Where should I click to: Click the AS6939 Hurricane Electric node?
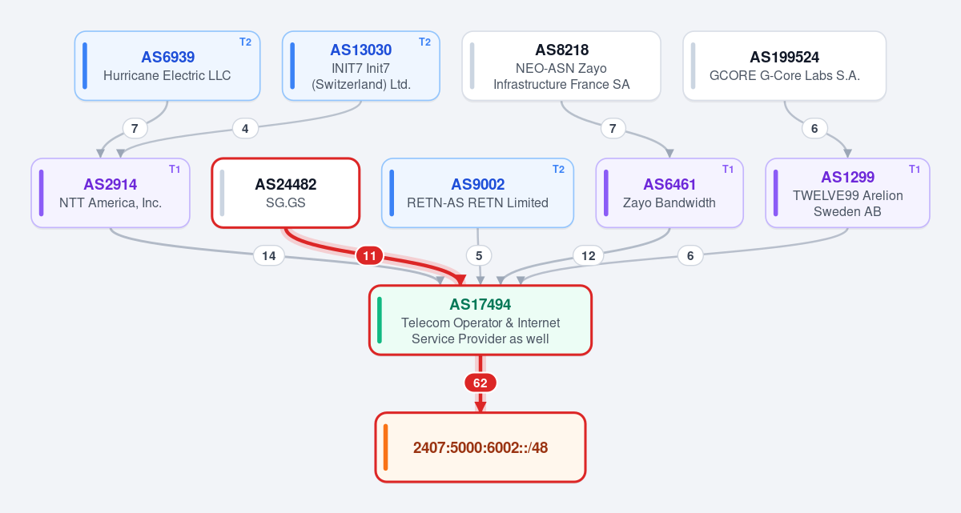[x=167, y=66]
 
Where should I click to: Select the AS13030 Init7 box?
[x=361, y=66]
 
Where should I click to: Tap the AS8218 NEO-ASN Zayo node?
[x=561, y=66]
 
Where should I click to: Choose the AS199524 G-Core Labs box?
[x=784, y=66]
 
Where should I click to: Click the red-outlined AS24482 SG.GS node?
[x=286, y=193]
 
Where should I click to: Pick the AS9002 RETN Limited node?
[x=477, y=193]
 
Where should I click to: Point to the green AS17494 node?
[x=480, y=320]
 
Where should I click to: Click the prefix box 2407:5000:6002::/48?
[x=480, y=447]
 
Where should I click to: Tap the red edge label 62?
[x=480, y=383]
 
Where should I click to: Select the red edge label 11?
[x=369, y=256]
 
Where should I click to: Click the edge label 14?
[x=269, y=256]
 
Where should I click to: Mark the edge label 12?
[x=588, y=256]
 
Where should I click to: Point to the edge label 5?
[x=479, y=256]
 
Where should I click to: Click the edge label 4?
[x=245, y=129]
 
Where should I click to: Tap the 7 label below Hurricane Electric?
[x=135, y=129]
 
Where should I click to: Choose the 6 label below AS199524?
[x=814, y=129]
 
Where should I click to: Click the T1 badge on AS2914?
[x=175, y=170]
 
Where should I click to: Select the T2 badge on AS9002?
[x=558, y=170]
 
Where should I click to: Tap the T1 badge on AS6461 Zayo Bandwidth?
[x=728, y=170]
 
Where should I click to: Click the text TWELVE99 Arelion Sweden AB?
[x=848, y=203]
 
